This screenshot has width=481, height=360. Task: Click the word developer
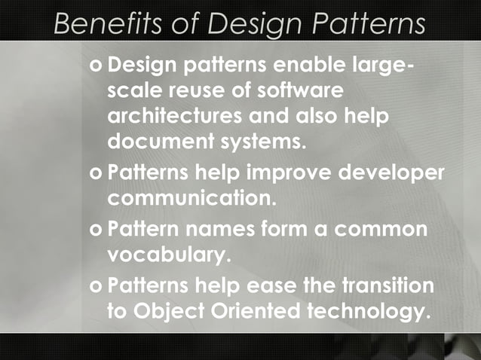click(x=391, y=173)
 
